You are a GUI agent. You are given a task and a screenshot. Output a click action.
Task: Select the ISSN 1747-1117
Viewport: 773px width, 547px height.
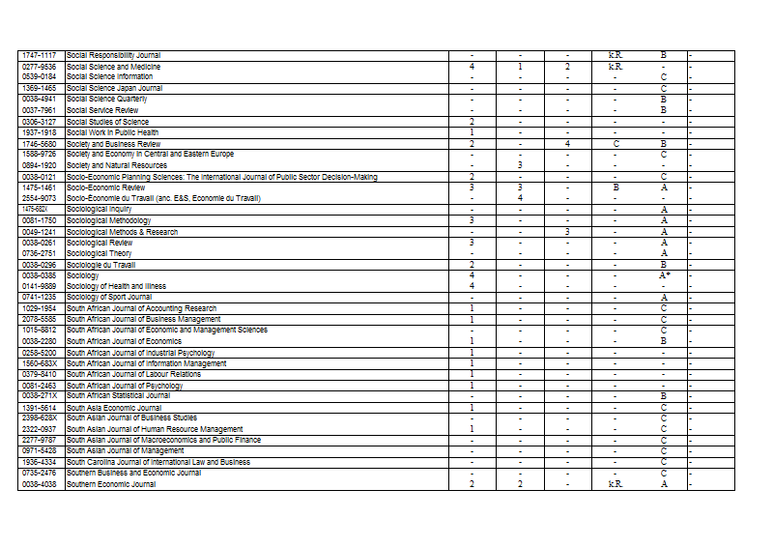(39, 55)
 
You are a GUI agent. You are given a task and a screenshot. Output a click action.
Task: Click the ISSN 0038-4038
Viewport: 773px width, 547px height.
(39, 483)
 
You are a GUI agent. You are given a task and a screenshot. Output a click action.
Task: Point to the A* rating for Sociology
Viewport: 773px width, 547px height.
(664, 275)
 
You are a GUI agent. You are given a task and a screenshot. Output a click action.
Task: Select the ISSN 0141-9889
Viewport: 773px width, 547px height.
(39, 286)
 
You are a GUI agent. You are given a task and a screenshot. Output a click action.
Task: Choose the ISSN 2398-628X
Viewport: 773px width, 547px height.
(39, 417)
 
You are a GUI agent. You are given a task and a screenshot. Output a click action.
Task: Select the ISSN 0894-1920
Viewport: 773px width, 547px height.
(39, 165)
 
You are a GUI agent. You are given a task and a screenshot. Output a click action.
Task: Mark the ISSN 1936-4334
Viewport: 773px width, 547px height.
(39, 462)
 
